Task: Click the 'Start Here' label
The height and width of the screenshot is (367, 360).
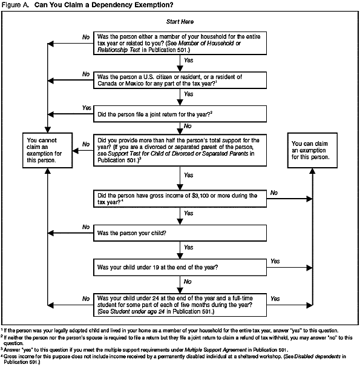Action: coord(180,22)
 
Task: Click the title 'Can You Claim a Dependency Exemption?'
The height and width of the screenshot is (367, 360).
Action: coord(103,5)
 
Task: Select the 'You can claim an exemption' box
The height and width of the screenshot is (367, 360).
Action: coord(313,150)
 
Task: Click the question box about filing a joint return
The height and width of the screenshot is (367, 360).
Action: coord(180,113)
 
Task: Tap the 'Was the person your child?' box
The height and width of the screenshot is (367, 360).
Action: coord(180,232)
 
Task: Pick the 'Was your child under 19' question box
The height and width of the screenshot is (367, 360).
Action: coord(180,266)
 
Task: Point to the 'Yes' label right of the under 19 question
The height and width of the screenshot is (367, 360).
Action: coord(275,261)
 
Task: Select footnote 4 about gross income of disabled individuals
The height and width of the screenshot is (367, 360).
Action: coord(175,358)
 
